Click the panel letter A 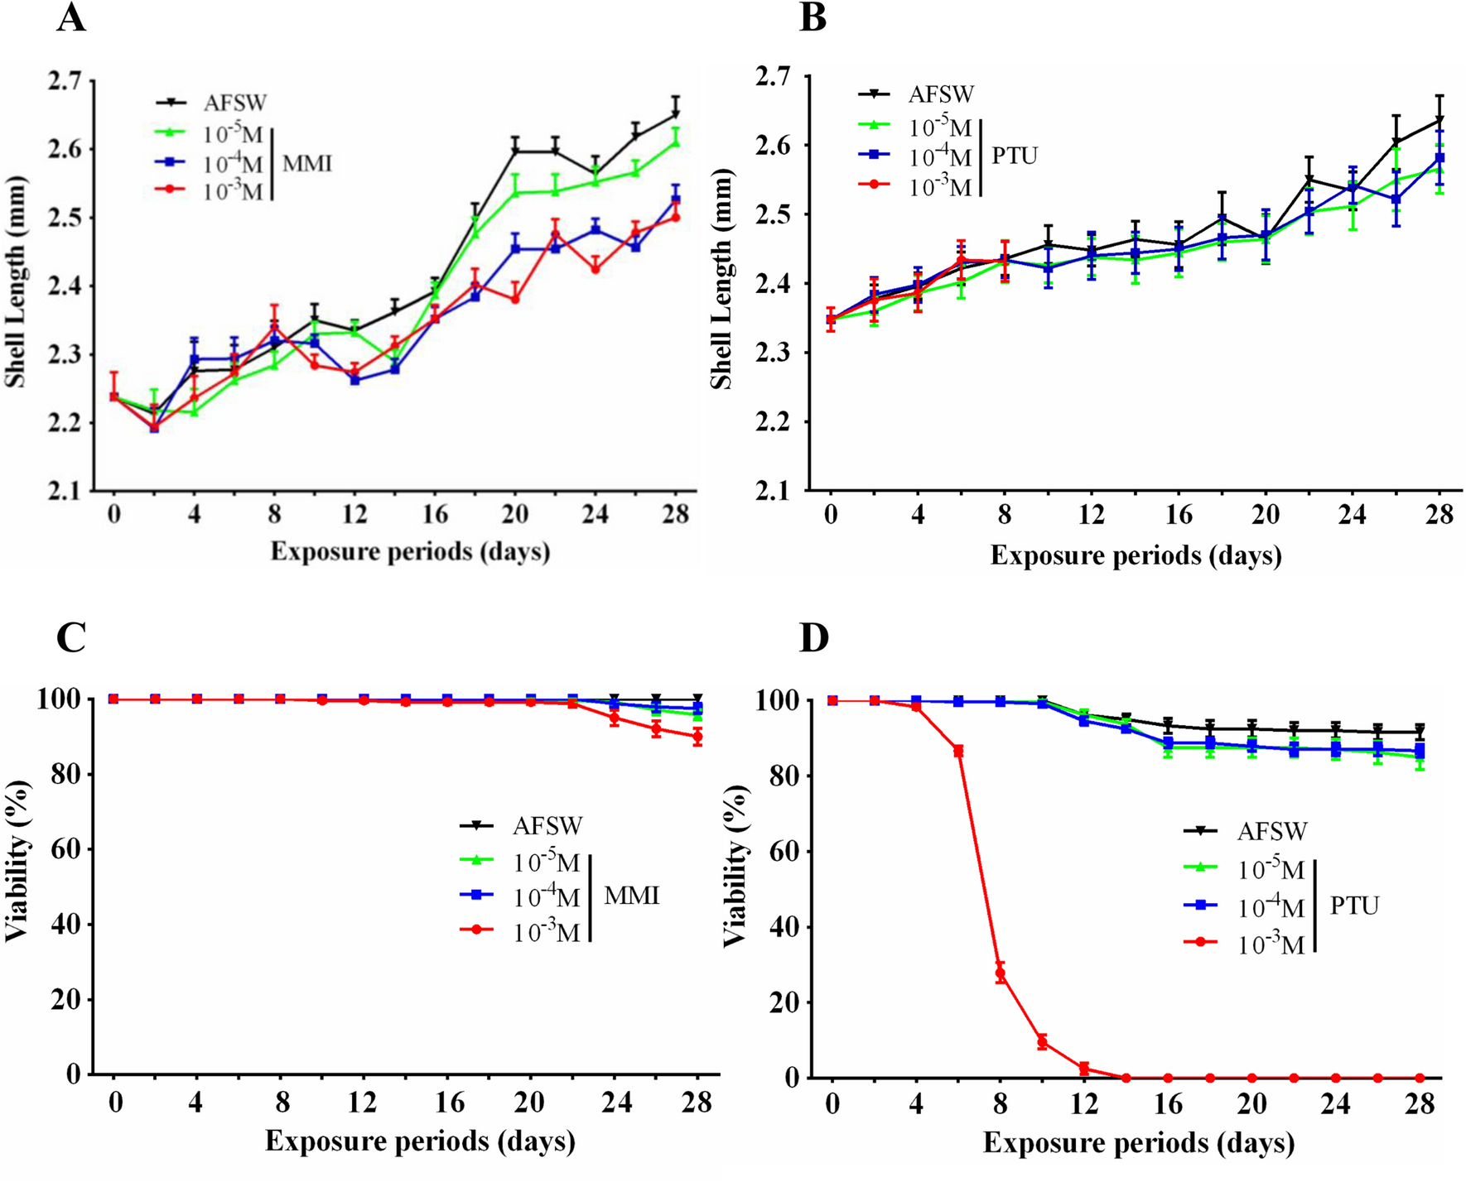[x=71, y=18]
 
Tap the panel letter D [x=814, y=638]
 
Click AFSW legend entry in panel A [x=235, y=103]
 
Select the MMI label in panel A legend [x=307, y=163]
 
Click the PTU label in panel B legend [x=1014, y=156]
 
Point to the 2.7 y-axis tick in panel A [x=65, y=81]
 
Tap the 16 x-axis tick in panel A [x=434, y=515]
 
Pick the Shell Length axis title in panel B [x=721, y=280]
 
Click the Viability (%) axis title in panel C [x=17, y=861]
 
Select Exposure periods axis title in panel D [x=1138, y=1143]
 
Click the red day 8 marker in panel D [x=1001, y=973]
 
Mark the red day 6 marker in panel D [x=959, y=751]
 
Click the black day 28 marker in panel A [x=676, y=113]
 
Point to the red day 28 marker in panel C [x=697, y=737]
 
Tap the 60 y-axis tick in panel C [x=65, y=850]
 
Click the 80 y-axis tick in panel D [x=781, y=776]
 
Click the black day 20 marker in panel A [x=515, y=151]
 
